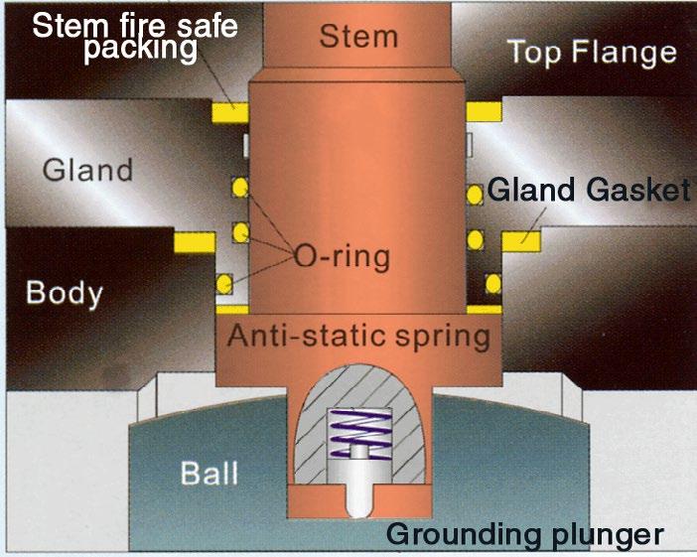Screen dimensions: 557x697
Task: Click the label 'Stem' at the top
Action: coord(358,36)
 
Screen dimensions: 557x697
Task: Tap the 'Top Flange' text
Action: coord(592,51)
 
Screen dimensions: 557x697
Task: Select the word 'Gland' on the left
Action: coord(87,170)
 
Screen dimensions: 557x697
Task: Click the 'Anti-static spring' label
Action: coord(358,336)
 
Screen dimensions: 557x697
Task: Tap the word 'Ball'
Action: coord(209,472)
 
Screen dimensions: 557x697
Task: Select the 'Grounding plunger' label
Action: coord(523,534)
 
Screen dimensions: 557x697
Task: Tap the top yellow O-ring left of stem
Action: coord(238,186)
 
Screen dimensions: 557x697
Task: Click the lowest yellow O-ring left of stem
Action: coord(226,283)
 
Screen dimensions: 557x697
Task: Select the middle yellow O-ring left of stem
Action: coord(238,232)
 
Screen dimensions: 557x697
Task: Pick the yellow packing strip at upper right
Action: coord(484,106)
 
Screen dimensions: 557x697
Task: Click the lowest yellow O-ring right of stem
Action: coord(490,283)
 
